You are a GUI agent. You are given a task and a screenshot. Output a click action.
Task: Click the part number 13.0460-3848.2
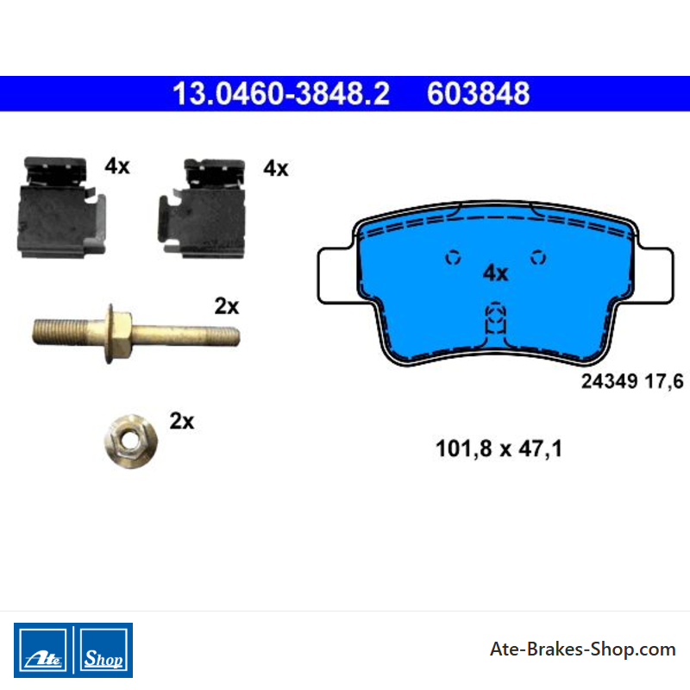[x=281, y=93]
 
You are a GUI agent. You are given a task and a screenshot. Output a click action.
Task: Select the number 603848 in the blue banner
[x=479, y=93]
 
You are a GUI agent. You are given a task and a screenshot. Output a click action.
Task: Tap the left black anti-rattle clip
[x=60, y=207]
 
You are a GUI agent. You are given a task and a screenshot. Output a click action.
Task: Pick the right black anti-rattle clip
[x=202, y=208]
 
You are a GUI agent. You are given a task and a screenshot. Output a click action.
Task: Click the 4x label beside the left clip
[x=117, y=166]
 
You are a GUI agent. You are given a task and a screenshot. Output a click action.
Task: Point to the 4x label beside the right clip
[x=276, y=168]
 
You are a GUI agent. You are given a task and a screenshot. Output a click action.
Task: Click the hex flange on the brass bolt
[x=118, y=334]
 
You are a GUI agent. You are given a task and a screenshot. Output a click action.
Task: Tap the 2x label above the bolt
[x=227, y=306]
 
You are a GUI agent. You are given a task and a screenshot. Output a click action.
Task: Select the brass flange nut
[x=131, y=442]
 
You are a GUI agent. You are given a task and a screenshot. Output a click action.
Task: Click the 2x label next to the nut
[x=182, y=421]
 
